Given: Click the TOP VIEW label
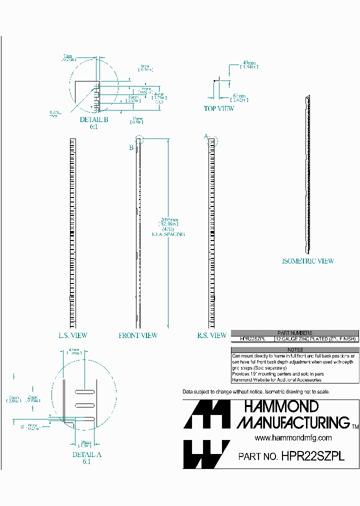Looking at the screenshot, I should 218,108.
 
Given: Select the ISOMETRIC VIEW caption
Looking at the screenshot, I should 308,261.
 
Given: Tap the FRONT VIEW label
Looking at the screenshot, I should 138,335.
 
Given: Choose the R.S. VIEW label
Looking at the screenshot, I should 211,335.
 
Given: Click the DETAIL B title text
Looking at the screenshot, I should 94,120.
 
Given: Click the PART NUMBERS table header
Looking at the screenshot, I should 295,333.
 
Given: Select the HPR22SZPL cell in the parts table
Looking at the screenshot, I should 253,339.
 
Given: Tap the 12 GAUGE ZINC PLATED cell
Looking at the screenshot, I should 316,339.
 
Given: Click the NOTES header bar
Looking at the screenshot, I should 295,350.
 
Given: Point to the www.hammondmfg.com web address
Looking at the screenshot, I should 293,438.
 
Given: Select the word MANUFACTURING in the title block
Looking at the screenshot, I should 293,422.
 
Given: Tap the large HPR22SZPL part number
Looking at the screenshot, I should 313,456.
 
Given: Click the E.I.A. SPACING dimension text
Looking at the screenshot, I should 168,234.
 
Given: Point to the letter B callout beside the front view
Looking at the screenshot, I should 131,147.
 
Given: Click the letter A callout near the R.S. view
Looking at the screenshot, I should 205,136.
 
